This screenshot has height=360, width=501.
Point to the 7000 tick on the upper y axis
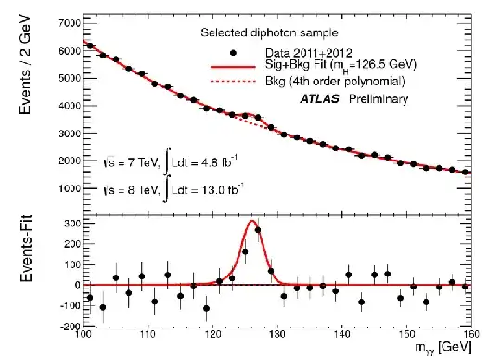(66, 19)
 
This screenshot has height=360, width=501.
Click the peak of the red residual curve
(252, 221)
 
